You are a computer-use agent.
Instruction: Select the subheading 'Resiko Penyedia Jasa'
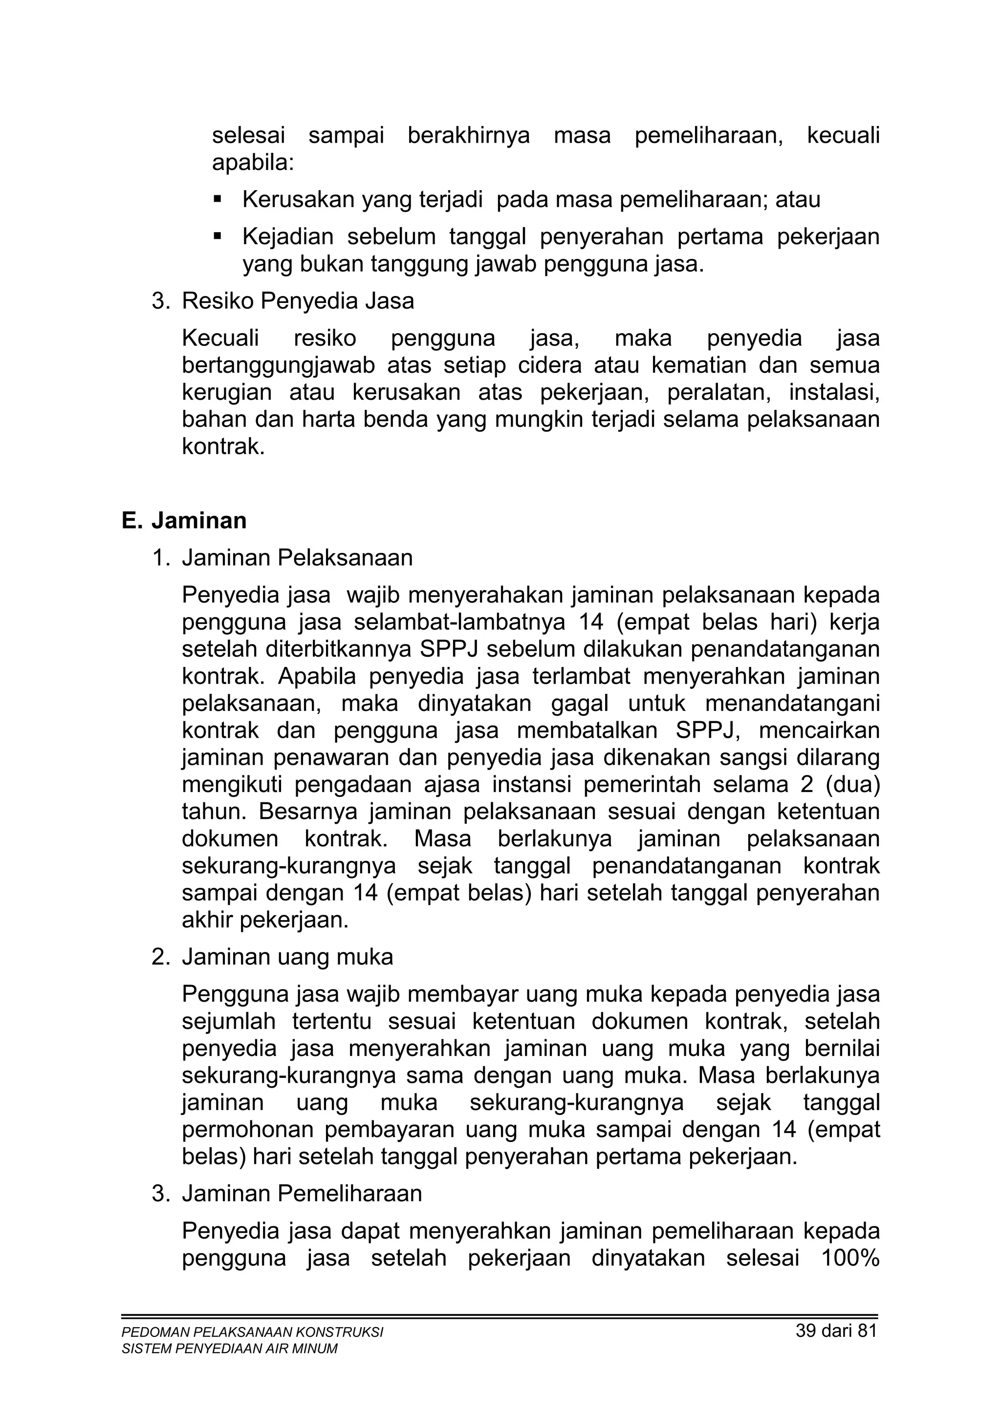click(297, 301)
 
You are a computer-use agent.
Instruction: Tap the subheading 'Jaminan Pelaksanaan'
click(297, 558)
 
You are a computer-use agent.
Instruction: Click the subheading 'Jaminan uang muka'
click(287, 957)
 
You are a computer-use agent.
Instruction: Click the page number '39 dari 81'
click(836, 1330)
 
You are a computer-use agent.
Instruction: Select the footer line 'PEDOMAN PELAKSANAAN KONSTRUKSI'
click(252, 1332)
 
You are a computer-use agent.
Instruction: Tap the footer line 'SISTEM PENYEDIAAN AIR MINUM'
click(229, 1348)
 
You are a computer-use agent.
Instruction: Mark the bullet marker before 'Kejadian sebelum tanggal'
click(217, 236)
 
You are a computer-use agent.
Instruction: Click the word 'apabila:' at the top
click(253, 163)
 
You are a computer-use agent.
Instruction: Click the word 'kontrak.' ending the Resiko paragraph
click(223, 447)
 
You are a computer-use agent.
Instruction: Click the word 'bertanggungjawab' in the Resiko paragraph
click(278, 365)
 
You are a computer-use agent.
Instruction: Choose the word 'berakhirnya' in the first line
click(469, 135)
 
